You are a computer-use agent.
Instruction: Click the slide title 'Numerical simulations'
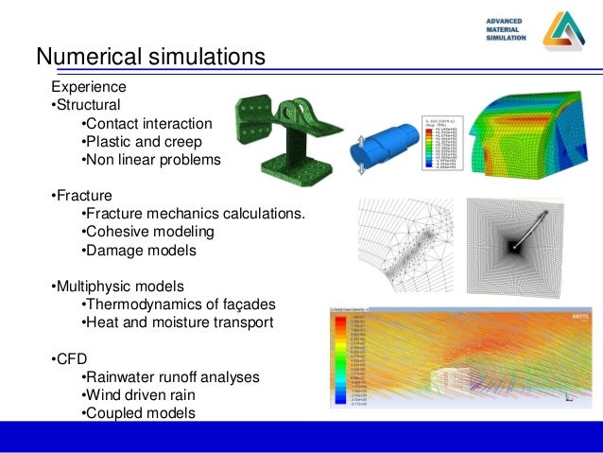pyautogui.click(x=150, y=58)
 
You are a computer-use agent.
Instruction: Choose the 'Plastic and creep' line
pyautogui.click(x=142, y=142)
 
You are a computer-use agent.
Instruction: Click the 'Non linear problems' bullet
pyautogui.click(x=151, y=160)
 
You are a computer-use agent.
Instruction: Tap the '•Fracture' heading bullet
pyautogui.click(x=80, y=196)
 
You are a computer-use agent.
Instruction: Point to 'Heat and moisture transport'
pyautogui.click(x=178, y=322)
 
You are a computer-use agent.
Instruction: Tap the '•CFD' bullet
pyautogui.click(x=68, y=358)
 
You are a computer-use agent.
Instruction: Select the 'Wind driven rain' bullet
pyautogui.click(x=142, y=394)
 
